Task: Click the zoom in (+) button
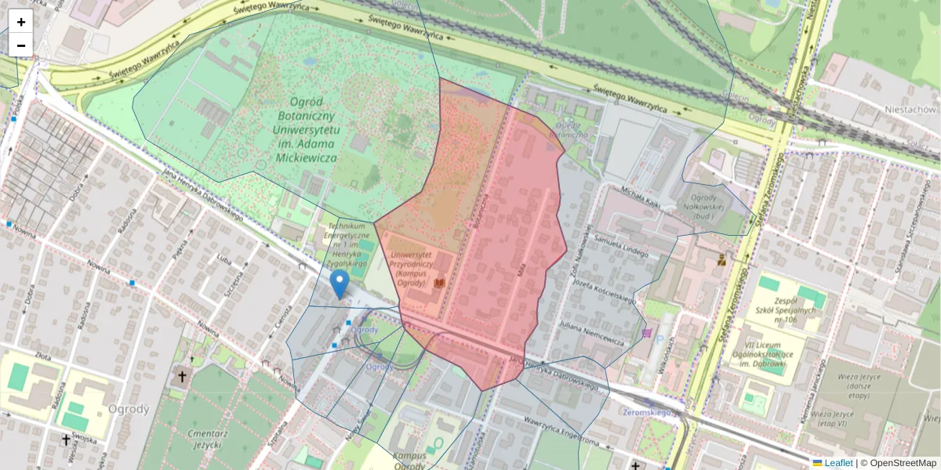point(21,22)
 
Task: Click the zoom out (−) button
point(21,45)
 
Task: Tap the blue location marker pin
point(340,284)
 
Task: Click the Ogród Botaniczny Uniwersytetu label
point(303,129)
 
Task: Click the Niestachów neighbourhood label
point(910,110)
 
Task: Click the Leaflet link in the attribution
point(838,463)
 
